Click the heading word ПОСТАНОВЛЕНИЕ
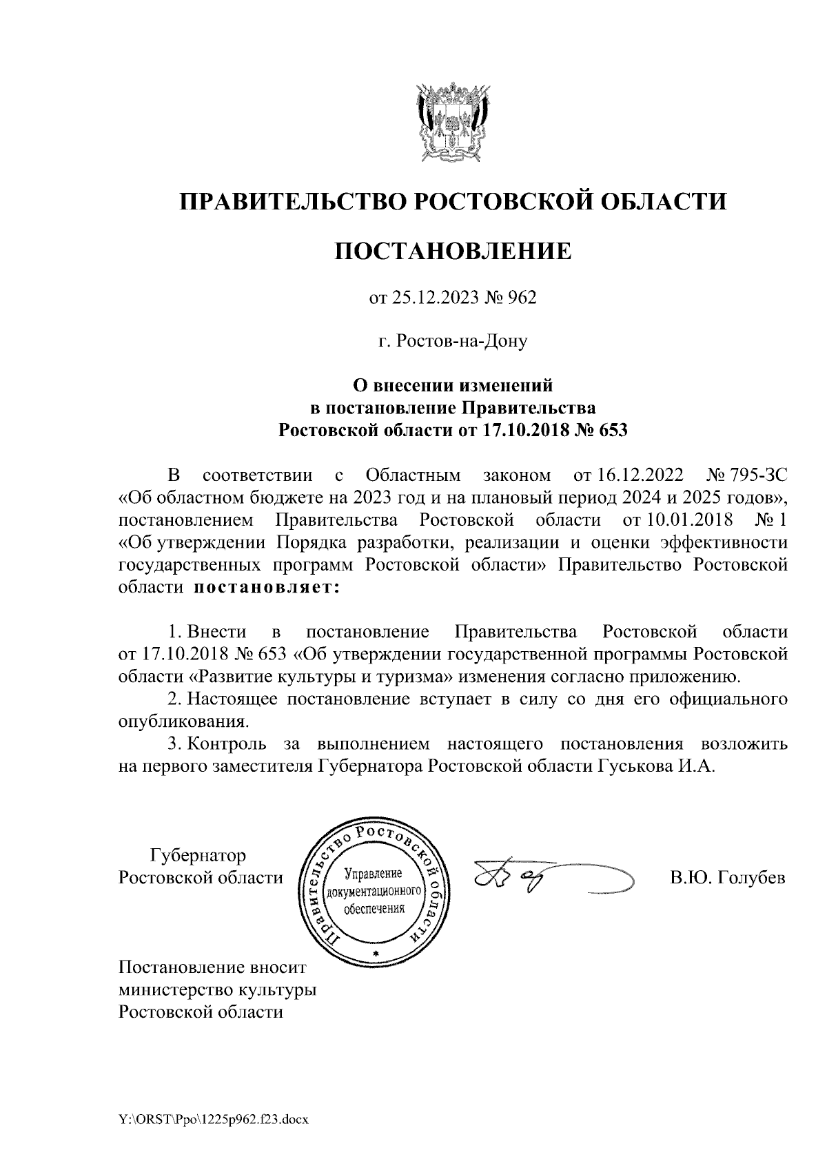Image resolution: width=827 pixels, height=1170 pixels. click(453, 251)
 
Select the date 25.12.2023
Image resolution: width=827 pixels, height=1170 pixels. click(428, 298)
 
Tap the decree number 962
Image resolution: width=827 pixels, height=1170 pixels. click(522, 298)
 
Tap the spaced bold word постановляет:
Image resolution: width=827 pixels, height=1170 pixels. click(267, 588)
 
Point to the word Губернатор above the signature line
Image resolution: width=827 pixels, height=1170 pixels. click(198, 856)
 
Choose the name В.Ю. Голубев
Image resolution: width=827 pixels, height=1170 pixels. click(728, 879)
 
